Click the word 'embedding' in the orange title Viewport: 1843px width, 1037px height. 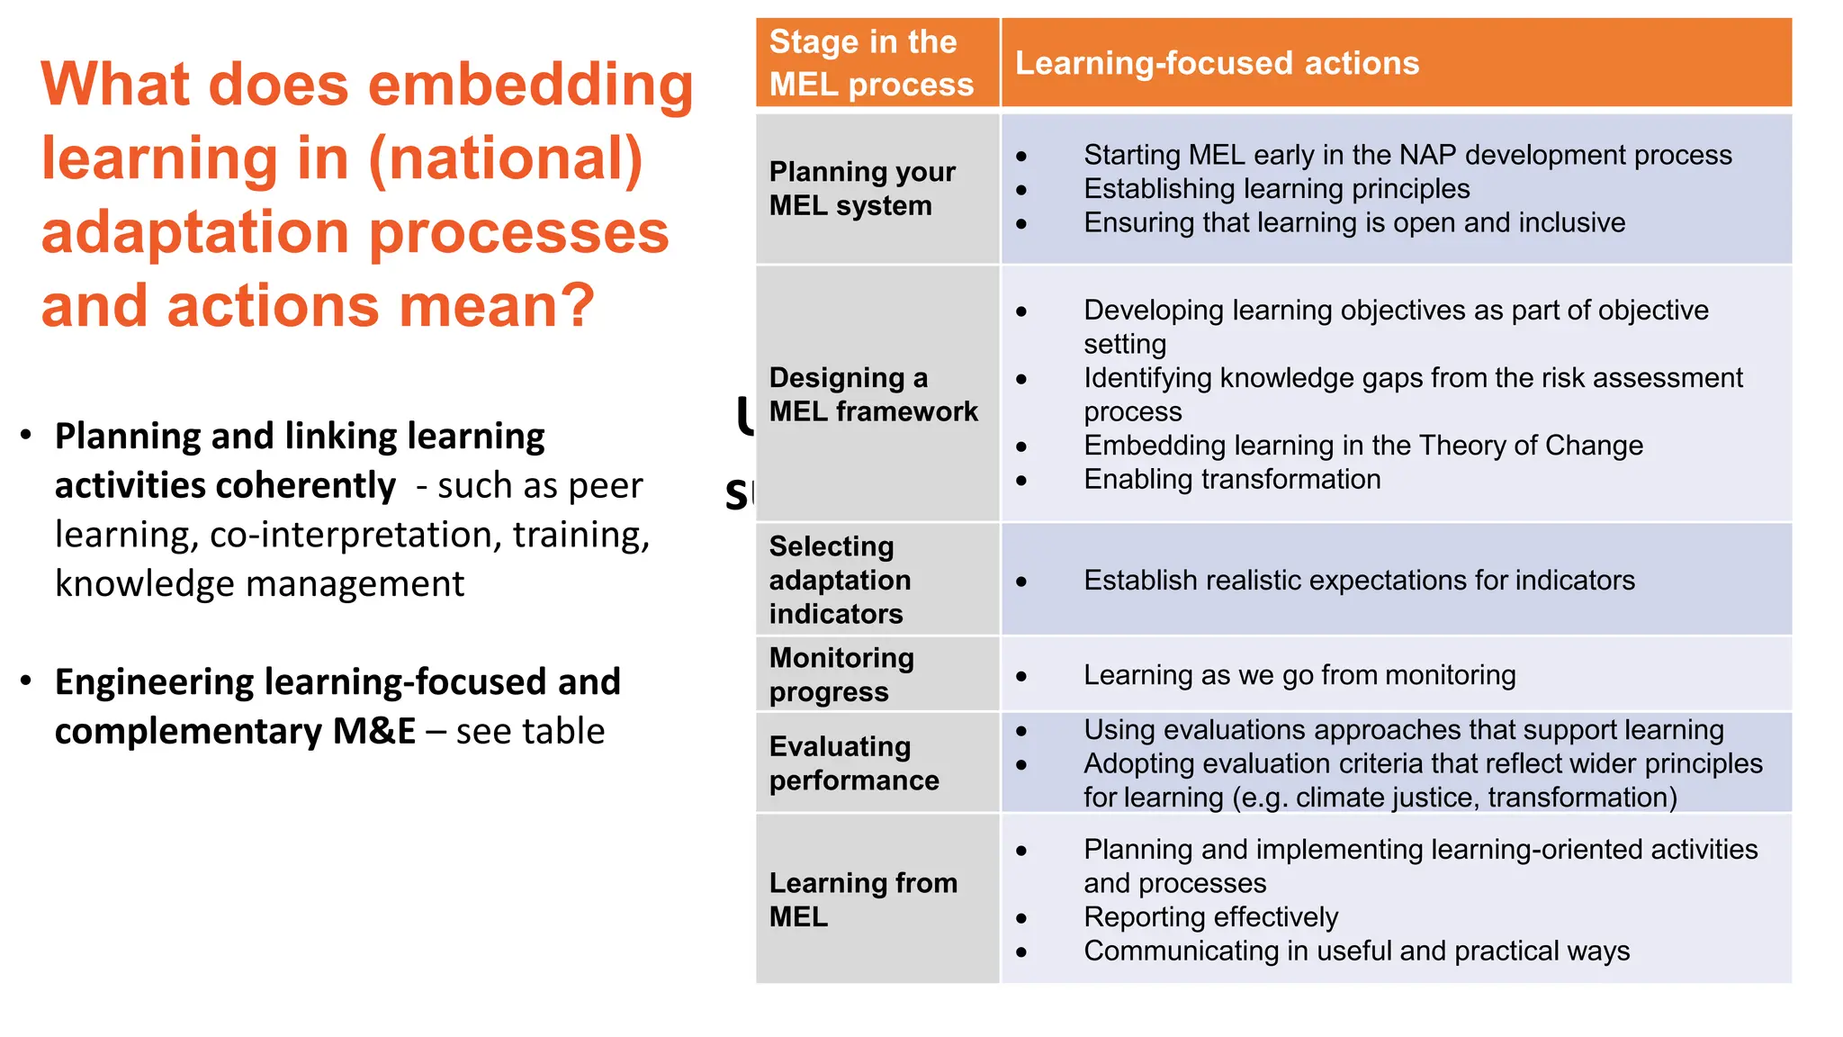[x=530, y=86]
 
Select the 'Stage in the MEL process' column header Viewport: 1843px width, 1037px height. [x=870, y=63]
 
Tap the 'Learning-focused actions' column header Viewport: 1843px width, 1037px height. [x=1217, y=63]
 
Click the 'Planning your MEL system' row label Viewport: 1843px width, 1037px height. [x=861, y=188]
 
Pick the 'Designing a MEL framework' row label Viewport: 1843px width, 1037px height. [x=872, y=394]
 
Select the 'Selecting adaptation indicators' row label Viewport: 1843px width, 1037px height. [x=840, y=580]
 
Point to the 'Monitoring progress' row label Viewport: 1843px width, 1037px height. [x=841, y=674]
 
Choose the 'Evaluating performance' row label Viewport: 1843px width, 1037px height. [x=853, y=762]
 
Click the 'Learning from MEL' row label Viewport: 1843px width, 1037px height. [x=862, y=899]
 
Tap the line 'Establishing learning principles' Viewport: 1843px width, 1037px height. [x=1276, y=189]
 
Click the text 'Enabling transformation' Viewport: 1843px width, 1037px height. [x=1231, y=480]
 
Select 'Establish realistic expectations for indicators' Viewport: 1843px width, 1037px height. [x=1358, y=581]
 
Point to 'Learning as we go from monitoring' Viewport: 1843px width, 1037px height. [x=1299, y=675]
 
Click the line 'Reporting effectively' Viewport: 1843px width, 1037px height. [x=1210, y=917]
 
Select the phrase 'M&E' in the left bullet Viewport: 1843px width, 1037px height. [x=373, y=732]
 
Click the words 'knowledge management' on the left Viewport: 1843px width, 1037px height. [x=259, y=584]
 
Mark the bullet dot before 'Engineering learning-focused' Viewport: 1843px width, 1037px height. [x=27, y=681]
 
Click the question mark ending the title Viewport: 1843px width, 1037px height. [x=576, y=306]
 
